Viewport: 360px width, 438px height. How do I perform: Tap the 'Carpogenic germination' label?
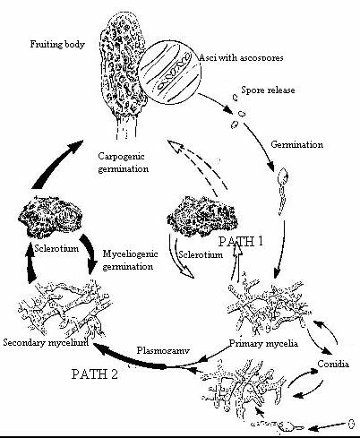point(124,162)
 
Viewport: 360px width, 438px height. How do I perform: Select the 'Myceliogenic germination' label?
point(135,260)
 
